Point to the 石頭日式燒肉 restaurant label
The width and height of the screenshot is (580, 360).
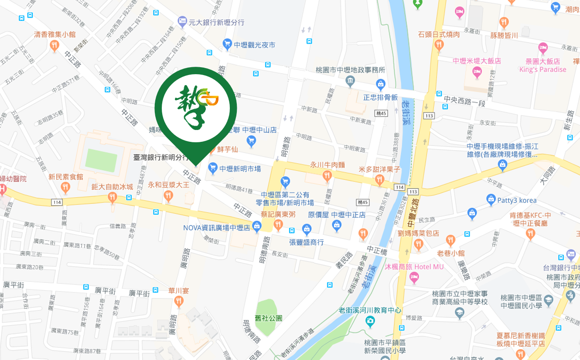[x=439, y=34]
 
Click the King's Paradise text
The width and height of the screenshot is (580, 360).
[x=542, y=69]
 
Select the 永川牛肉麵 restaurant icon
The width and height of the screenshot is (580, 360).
[x=327, y=176]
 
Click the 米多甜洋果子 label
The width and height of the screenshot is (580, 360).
[x=379, y=169]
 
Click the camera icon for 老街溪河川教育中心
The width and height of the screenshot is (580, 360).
[x=370, y=322]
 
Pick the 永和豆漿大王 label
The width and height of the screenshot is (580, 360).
[x=168, y=185]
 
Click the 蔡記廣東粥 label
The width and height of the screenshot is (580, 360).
[x=278, y=214]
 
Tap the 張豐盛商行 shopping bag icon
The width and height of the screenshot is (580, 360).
[x=307, y=230]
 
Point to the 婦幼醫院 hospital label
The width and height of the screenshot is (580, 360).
[x=14, y=179]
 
